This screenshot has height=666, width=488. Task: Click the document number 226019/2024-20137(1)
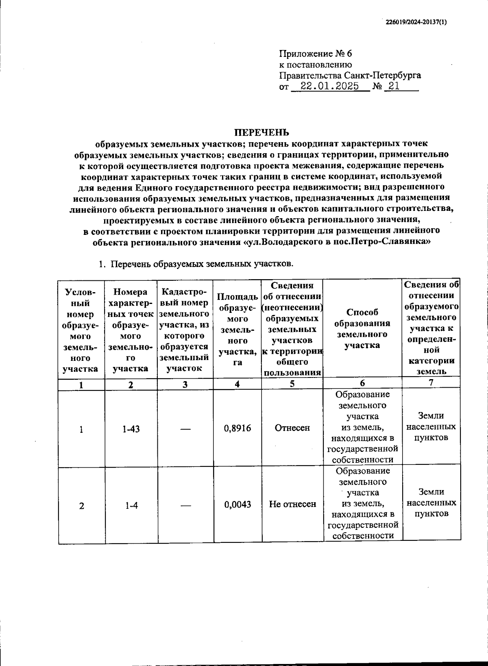(x=416, y=22)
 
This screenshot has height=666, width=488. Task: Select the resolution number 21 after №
(x=394, y=86)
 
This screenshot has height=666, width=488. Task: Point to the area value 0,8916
(x=237, y=428)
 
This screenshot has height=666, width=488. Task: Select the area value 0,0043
(x=237, y=504)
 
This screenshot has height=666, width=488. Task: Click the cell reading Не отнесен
(x=292, y=504)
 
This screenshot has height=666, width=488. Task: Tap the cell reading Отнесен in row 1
(x=292, y=428)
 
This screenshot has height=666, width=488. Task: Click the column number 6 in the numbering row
(x=362, y=383)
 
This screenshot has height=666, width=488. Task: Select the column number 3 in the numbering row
(x=185, y=384)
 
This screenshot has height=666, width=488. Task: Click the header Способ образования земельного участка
(x=362, y=329)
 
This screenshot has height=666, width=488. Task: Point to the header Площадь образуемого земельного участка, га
(x=237, y=330)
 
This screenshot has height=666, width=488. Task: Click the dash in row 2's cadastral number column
(x=185, y=505)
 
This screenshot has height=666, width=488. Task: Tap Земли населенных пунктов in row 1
(x=431, y=427)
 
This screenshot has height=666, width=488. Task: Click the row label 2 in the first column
(x=82, y=506)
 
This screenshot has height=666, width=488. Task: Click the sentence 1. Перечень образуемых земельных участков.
(x=196, y=264)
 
